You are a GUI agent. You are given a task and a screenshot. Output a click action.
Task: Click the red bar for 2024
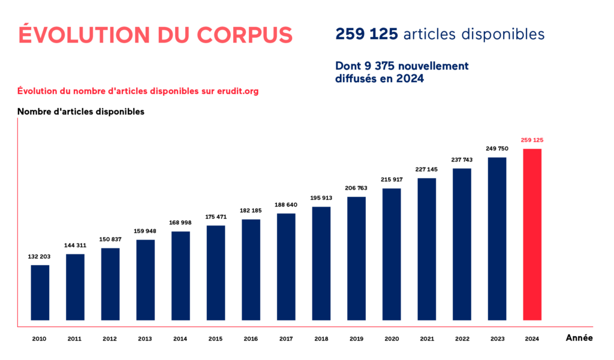(532, 234)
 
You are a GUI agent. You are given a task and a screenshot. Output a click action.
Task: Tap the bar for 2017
(286, 266)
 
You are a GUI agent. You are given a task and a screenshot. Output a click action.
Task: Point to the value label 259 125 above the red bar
(532, 140)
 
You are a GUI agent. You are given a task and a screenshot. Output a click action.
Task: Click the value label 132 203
(40, 256)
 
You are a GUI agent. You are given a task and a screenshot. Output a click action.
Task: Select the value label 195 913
(321, 198)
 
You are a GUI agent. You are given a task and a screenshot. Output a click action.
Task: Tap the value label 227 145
(427, 169)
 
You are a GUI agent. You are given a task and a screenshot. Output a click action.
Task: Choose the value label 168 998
(180, 223)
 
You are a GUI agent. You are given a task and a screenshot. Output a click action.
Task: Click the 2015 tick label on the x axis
(215, 339)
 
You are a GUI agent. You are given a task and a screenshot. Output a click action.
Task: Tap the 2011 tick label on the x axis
(74, 339)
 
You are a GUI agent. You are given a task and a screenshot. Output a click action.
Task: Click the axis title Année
(579, 338)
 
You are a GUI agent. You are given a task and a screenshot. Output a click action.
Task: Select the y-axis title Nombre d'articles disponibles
(80, 112)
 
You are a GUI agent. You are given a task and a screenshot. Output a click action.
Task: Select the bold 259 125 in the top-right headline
(366, 34)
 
